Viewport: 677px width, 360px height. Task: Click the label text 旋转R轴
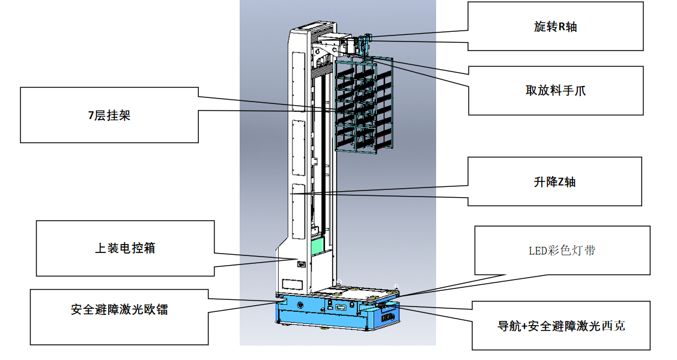555,27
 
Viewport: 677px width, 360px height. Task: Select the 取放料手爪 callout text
555,91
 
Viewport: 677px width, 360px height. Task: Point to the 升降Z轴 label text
554,182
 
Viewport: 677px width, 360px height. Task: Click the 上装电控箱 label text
125,248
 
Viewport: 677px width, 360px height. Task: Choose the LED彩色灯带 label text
562,251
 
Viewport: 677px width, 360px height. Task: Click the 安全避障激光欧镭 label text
119,310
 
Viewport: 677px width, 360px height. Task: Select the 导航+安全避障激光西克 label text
561,326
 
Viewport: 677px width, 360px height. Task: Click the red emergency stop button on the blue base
300,306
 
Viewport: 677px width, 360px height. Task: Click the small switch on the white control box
302,263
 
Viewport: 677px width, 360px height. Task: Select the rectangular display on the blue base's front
341,307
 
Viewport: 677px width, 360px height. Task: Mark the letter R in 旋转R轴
561,27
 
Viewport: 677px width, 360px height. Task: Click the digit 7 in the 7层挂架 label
90,116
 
